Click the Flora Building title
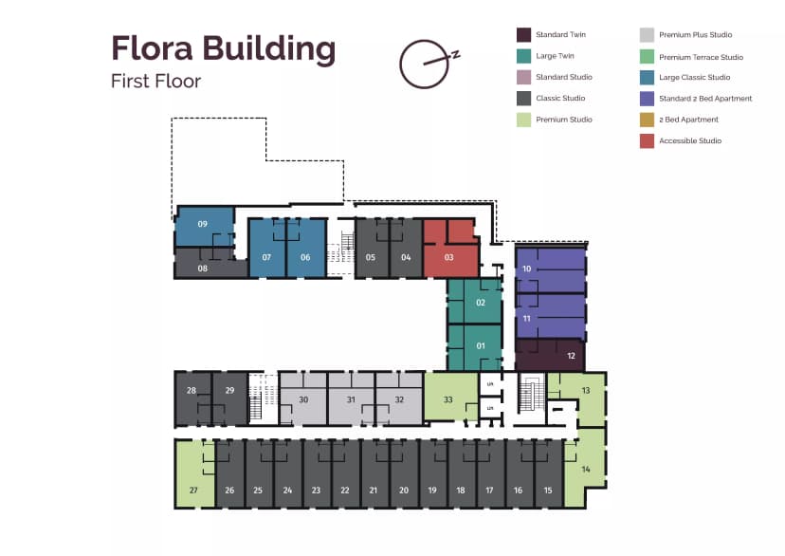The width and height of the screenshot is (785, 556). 223,48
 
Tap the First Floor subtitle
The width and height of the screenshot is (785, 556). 155,81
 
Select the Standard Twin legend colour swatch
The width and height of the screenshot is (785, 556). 523,35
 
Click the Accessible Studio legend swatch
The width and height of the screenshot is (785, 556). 647,141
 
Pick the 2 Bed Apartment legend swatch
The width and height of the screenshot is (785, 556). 647,120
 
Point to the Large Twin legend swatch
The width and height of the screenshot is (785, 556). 523,56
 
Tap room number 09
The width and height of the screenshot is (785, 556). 202,224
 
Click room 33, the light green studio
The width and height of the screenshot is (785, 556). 448,399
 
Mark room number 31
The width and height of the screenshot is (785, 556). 351,399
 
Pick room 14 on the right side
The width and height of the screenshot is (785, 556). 586,470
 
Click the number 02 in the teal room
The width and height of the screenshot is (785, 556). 481,303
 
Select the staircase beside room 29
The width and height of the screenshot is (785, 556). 254,398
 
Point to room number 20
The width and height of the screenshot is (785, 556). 404,491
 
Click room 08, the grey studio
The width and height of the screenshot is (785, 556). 202,269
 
